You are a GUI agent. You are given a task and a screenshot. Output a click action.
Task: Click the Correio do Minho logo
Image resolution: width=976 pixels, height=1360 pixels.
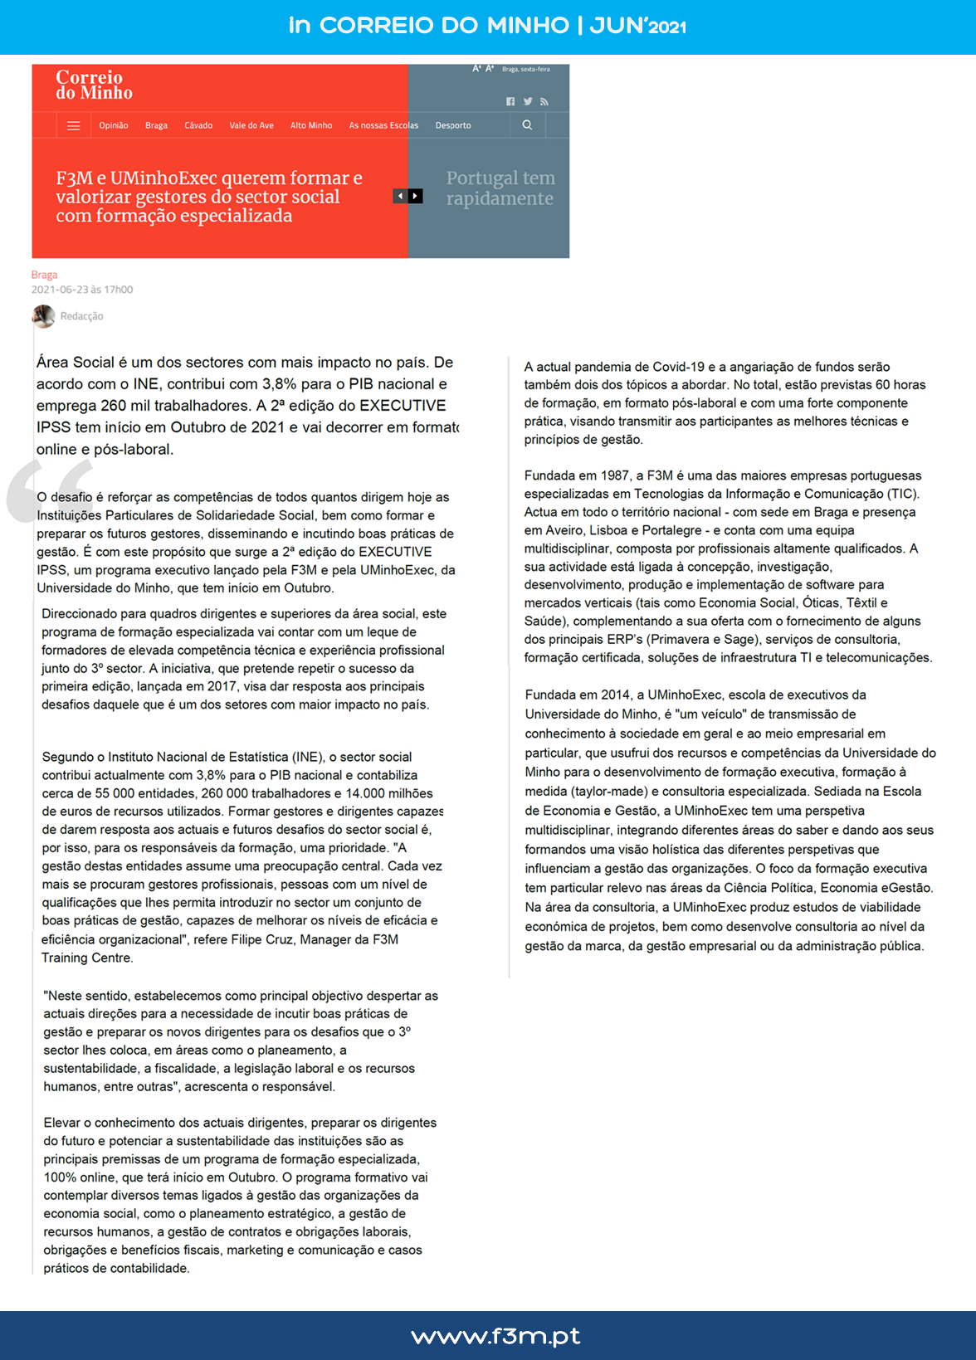click(94, 85)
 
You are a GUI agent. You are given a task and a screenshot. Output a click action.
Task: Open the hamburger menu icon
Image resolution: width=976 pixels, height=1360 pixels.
click(74, 126)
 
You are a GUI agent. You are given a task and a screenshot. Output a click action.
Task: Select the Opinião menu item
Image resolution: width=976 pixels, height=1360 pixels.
click(114, 126)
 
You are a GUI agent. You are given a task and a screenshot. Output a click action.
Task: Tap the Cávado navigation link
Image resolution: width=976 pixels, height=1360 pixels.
click(198, 126)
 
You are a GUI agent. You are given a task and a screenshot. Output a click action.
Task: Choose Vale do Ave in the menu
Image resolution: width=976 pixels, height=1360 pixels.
click(251, 126)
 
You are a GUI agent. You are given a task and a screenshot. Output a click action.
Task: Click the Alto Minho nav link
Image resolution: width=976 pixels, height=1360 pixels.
click(311, 126)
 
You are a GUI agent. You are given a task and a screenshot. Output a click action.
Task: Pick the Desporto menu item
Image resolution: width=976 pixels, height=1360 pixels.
click(453, 126)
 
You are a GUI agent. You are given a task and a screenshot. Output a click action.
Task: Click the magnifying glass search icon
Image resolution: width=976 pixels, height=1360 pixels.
click(527, 125)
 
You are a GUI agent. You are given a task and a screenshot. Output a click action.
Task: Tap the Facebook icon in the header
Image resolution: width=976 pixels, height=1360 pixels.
click(510, 101)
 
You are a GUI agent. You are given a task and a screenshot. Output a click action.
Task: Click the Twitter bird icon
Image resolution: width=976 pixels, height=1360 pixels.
click(528, 101)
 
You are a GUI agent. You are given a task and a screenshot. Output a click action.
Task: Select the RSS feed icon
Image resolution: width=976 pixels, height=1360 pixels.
click(544, 101)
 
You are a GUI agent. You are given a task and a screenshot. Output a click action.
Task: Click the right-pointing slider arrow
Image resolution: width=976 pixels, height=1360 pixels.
click(416, 196)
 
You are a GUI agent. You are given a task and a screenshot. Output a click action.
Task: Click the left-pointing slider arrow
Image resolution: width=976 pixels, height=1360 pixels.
click(400, 196)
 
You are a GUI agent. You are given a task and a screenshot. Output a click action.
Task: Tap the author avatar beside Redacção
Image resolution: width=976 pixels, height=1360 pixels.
click(43, 316)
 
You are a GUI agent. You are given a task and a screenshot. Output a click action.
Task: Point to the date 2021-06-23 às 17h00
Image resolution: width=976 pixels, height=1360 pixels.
click(82, 290)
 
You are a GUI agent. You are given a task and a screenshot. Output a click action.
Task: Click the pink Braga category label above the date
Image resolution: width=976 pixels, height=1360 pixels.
click(45, 275)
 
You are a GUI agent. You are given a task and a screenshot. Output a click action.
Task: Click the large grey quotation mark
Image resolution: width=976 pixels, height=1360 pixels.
click(49, 490)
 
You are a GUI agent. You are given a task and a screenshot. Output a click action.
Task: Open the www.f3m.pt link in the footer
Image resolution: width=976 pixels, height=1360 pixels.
click(495, 1336)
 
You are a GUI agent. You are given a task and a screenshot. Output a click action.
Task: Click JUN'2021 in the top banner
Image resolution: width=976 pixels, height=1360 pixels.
click(637, 26)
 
